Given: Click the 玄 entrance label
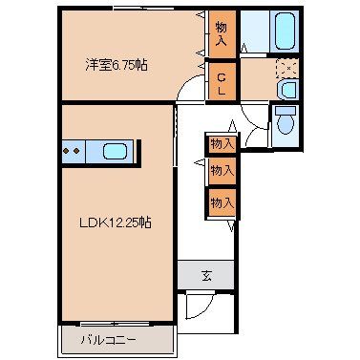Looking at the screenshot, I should pyautogui.click(x=205, y=276).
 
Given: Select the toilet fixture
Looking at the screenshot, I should pyautogui.click(x=284, y=124).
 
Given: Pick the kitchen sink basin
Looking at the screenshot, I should pyautogui.click(x=114, y=150).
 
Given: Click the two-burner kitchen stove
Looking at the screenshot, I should pyautogui.click(x=73, y=150).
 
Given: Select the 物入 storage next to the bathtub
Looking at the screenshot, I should pyautogui.click(x=221, y=35).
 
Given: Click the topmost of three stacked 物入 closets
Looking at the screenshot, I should pyautogui.click(x=222, y=143).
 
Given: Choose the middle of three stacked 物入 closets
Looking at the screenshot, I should pyautogui.click(x=222, y=171).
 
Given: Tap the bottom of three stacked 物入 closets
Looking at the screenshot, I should pyautogui.click(x=222, y=203).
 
